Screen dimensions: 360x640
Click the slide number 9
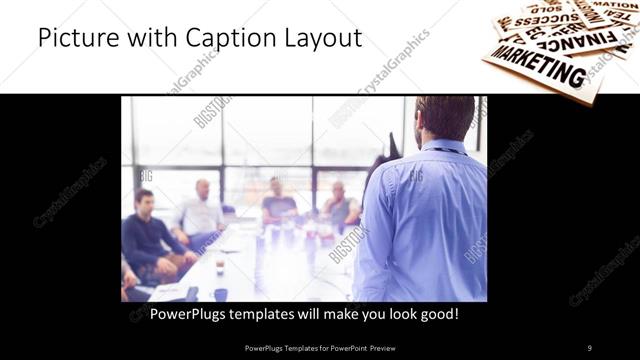coord(590,347)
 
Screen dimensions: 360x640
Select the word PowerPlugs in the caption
coord(190,313)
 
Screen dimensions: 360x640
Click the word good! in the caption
coord(438,313)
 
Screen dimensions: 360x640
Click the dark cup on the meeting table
coord(220,294)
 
